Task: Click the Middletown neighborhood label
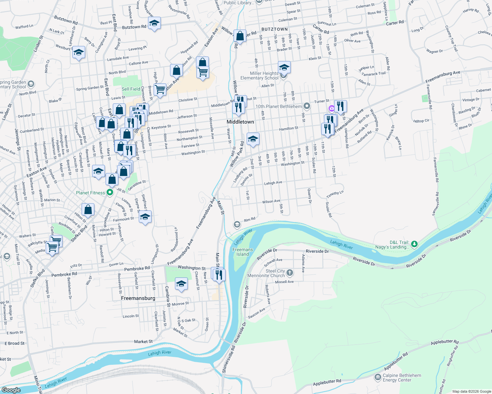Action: click(240, 122)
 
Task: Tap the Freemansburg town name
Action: click(138, 298)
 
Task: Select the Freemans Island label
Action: click(243, 252)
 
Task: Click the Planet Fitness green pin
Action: click(110, 193)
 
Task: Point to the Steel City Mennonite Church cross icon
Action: click(290, 273)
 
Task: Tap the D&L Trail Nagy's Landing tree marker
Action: click(414, 244)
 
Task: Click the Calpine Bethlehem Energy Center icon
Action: click(378, 378)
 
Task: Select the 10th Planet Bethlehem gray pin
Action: click(307, 106)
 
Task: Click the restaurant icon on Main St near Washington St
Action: click(219, 274)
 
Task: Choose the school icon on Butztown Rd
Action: click(154, 23)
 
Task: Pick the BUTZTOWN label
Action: click(275, 29)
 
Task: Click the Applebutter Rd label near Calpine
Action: click(327, 383)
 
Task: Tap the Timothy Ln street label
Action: click(335, 194)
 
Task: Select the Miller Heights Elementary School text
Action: click(259, 76)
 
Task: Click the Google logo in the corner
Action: click(11, 390)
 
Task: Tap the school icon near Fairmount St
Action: click(145, 217)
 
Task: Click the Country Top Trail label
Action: click(451, 38)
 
